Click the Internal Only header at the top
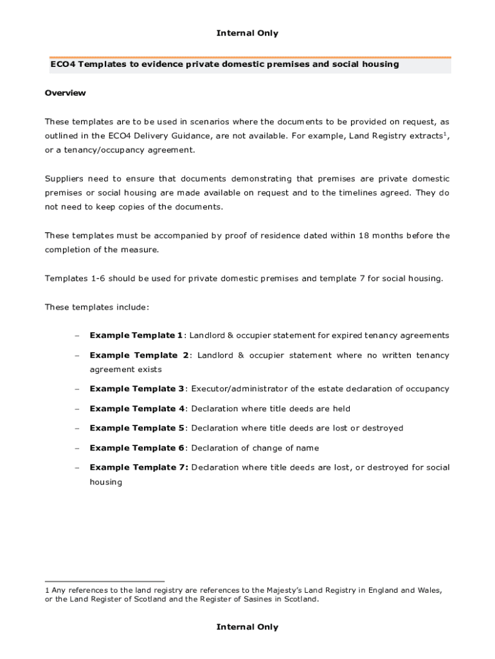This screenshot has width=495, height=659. (248, 33)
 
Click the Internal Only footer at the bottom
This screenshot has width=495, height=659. (248, 627)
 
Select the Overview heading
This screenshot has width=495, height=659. (65, 93)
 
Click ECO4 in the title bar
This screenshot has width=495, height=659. (62, 64)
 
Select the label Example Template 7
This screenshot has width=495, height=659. (138, 467)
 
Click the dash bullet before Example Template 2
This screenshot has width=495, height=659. (76, 355)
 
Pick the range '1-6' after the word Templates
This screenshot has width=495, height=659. (96, 278)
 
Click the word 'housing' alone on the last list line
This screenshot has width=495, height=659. (105, 481)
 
